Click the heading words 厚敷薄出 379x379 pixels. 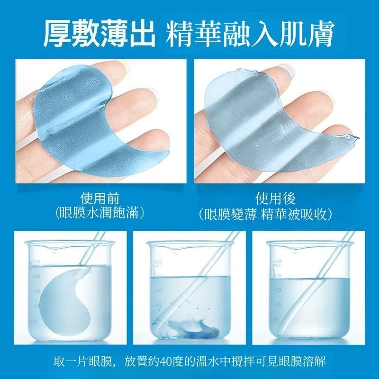(x=99, y=34)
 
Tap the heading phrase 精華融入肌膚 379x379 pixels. (x=251, y=34)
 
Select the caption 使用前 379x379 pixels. (x=100, y=199)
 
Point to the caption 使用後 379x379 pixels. (x=276, y=199)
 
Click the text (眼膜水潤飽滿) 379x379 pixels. (x=100, y=213)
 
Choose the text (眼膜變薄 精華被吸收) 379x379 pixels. (x=265, y=214)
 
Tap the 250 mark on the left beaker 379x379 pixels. (x=36, y=262)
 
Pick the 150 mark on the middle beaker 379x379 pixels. (x=158, y=291)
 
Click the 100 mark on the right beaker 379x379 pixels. (x=278, y=305)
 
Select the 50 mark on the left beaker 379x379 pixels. (x=35, y=321)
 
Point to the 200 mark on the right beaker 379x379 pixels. (x=278, y=276)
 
